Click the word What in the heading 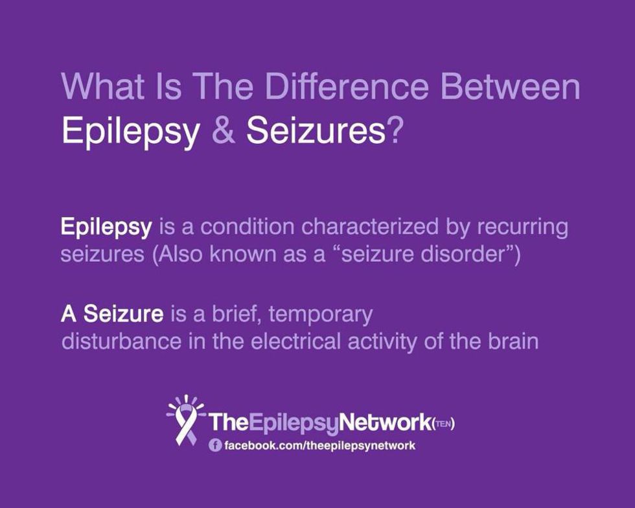point(103,86)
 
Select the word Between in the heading point(511,86)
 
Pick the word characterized point(370,227)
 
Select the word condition point(247,227)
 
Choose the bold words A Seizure point(112,314)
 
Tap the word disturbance point(121,341)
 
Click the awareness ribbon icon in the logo point(185,422)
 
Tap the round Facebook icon point(215,446)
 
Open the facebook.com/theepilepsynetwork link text point(319,446)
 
